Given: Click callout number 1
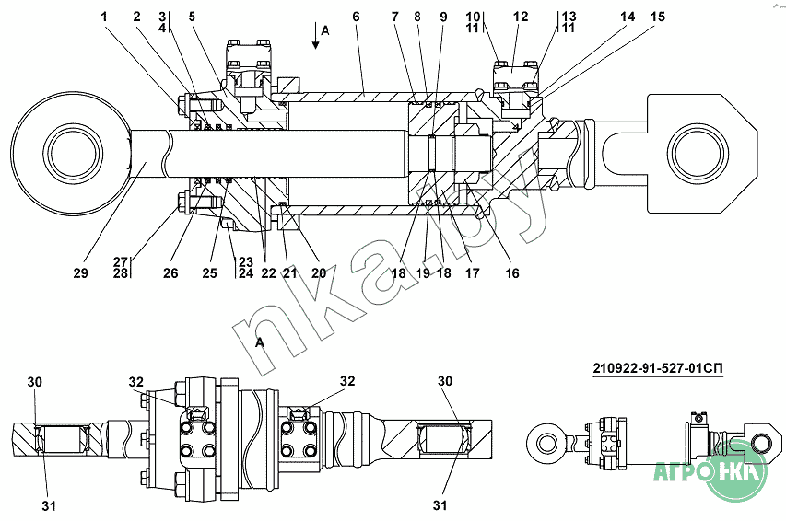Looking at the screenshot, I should click(x=104, y=17).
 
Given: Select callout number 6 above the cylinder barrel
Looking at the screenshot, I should click(x=356, y=17).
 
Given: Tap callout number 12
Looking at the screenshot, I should click(x=521, y=17).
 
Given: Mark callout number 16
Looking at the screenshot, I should click(x=512, y=273).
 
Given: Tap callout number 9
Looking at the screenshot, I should click(x=443, y=17).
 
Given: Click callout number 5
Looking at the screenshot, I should click(x=192, y=17).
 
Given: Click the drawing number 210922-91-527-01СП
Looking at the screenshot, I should click(x=656, y=370).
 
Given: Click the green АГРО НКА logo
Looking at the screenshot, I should click(x=710, y=475).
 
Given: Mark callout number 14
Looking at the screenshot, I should click(x=628, y=17).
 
